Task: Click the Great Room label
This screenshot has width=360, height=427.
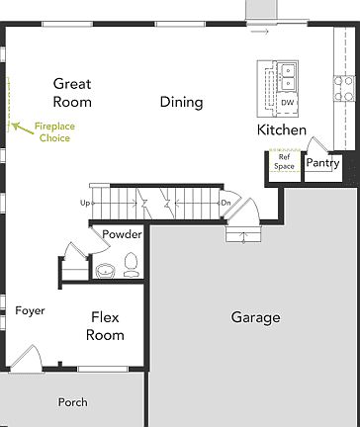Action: [72, 93]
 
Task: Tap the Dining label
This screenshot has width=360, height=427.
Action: [181, 102]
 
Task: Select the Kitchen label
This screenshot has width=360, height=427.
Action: [281, 130]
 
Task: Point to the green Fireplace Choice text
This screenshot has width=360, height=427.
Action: [53, 132]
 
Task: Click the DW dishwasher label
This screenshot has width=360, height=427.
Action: [288, 102]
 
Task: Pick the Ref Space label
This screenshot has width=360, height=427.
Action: [285, 162]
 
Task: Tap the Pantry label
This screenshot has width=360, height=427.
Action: [322, 162]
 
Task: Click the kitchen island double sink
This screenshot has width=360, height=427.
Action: [288, 75]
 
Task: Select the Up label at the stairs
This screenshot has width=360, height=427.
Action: [86, 204]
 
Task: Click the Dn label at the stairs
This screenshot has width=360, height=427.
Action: [225, 204]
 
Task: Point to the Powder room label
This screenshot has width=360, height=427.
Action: [122, 234]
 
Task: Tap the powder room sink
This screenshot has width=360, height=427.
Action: [105, 267]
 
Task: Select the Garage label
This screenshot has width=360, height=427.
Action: [255, 317]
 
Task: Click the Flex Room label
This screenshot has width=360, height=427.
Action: [106, 326]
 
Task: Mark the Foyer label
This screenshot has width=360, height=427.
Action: [30, 311]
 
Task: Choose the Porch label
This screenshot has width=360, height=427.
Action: [72, 402]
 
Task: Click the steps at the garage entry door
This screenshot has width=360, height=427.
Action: [243, 234]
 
